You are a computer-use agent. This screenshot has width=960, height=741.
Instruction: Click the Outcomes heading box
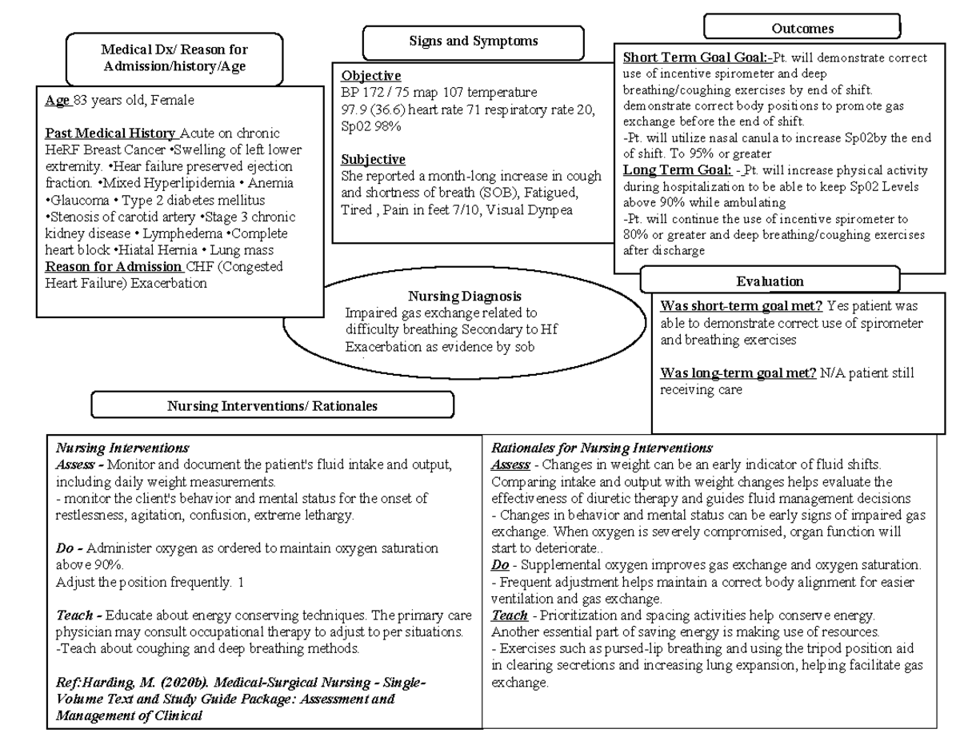coord(802,28)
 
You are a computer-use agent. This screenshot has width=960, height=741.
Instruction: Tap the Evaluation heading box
coord(770,281)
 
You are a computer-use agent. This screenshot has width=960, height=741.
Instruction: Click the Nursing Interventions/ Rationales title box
coord(272,405)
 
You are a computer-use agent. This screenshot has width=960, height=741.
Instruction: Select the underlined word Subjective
coord(373,159)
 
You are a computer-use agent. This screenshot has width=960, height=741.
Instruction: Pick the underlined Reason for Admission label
coord(114,267)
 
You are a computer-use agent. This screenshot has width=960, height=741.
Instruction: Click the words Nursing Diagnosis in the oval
coord(465,297)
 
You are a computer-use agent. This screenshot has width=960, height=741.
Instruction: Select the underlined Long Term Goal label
coord(676,170)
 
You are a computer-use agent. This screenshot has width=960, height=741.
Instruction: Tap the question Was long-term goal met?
coord(738,373)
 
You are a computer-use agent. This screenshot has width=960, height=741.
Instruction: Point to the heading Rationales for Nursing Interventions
coord(602,448)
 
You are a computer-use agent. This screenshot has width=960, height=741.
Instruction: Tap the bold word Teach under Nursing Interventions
coord(74,616)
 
